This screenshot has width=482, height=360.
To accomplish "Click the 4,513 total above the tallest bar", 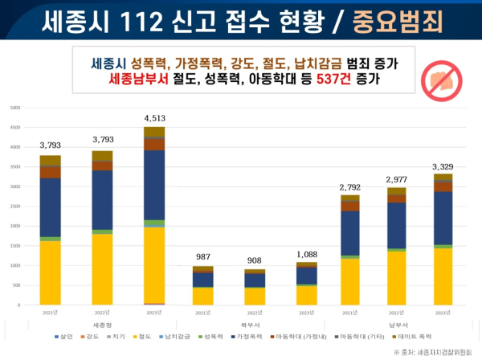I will [x=154, y=119].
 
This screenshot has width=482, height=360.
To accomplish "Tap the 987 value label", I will [x=203, y=258].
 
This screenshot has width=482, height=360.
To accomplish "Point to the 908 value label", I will [x=252, y=261].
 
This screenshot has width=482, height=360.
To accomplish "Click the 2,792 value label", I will [x=350, y=186].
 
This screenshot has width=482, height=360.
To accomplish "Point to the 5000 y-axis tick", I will [x=16, y=108].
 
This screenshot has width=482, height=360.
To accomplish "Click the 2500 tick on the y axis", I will [x=16, y=207].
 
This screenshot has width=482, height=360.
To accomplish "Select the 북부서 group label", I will [x=252, y=324].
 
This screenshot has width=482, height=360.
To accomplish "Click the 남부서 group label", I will [x=399, y=324].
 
